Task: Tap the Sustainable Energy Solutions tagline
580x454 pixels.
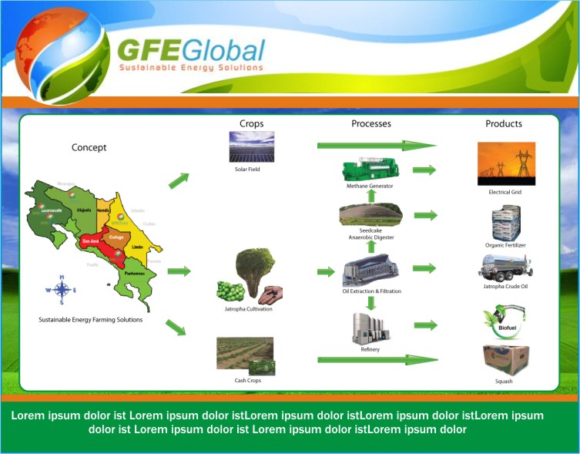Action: click(190, 69)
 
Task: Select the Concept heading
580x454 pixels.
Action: click(89, 148)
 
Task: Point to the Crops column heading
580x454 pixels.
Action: click(252, 124)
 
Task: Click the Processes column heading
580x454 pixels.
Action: click(371, 123)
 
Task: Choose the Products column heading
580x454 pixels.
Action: click(504, 123)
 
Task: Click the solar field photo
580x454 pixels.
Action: click(251, 147)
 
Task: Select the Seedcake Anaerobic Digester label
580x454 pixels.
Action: click(370, 234)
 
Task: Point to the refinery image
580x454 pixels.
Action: click(370, 328)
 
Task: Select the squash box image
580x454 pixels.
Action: click(505, 360)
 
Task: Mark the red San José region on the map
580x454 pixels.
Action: click(99, 247)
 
